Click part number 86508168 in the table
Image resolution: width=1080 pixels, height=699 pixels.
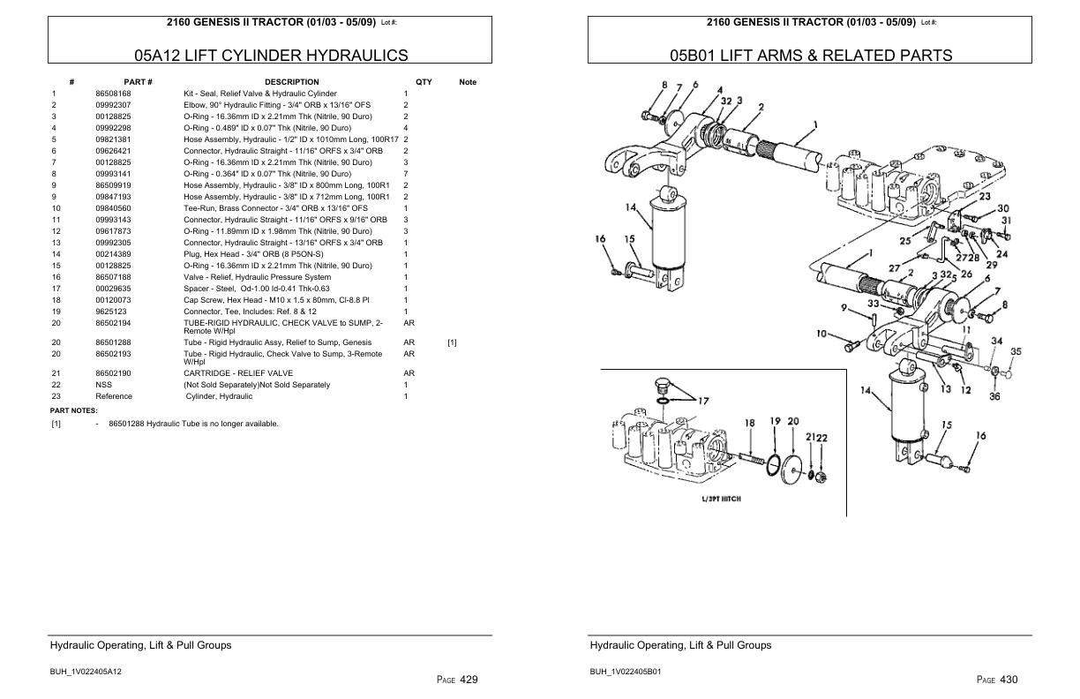tap(113, 94)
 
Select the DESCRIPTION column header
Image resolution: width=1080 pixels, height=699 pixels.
tap(291, 82)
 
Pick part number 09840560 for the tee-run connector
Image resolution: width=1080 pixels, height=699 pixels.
tap(113, 208)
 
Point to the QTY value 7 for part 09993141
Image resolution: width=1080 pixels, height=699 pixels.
tap(406, 174)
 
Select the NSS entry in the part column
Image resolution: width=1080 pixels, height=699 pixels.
tap(103, 385)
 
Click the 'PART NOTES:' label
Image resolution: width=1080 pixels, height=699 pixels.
tap(73, 410)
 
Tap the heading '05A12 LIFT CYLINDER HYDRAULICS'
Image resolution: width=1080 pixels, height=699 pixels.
tap(271, 56)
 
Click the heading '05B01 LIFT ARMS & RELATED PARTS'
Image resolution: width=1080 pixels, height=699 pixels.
tap(811, 56)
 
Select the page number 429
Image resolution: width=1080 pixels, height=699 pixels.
tap(469, 680)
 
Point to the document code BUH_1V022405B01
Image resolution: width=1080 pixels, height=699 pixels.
tap(626, 672)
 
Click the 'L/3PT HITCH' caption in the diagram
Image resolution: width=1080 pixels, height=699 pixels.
tap(721, 499)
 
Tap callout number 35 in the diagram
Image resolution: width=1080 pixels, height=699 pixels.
tap(1016, 352)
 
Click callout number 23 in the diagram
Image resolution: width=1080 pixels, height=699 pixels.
tap(984, 197)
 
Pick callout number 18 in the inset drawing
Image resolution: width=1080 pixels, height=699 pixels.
tap(749, 424)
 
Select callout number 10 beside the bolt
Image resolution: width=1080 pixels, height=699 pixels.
tap(821, 334)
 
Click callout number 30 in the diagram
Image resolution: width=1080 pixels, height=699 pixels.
tap(1003, 208)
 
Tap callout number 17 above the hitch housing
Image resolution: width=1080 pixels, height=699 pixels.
tap(702, 402)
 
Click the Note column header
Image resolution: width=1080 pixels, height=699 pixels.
tap(468, 82)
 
